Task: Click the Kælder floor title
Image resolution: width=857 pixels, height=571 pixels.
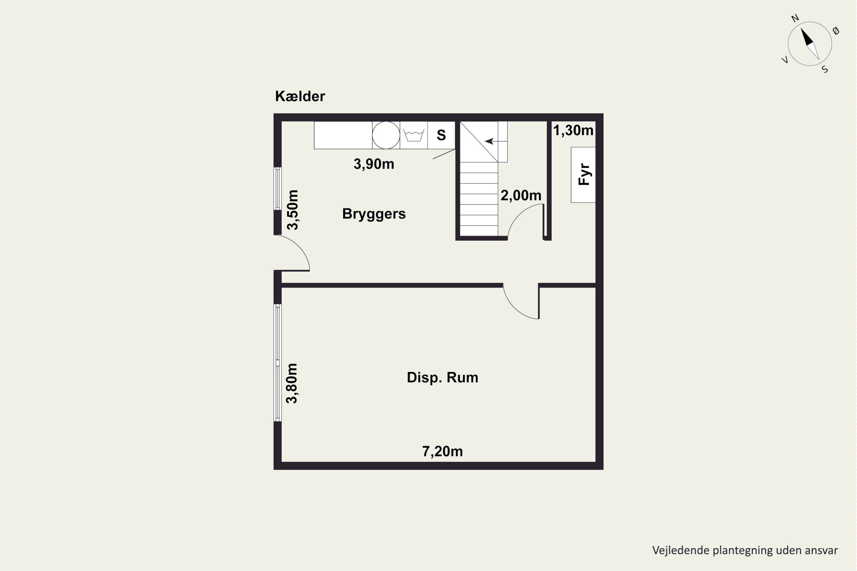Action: (300, 96)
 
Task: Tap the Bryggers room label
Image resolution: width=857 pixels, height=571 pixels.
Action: (374, 214)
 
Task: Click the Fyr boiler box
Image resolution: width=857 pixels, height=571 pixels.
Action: (583, 174)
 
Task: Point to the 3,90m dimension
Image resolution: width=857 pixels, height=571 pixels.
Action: (374, 164)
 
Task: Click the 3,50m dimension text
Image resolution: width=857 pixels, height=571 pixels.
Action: (293, 210)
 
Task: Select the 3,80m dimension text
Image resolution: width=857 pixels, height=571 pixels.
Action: (292, 383)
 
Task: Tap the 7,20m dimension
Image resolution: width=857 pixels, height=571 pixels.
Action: (442, 452)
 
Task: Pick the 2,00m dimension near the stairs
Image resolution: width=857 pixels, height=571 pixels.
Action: (521, 196)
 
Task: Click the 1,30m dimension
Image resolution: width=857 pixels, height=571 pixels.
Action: (573, 130)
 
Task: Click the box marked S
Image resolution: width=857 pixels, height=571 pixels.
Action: (441, 135)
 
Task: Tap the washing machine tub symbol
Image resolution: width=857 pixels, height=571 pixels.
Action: (414, 135)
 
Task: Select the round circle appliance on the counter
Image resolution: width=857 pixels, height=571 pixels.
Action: (386, 135)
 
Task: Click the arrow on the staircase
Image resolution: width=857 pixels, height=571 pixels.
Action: (496, 141)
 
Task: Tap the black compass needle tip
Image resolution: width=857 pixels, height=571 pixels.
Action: (801, 28)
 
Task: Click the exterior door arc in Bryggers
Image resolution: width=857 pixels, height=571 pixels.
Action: (299, 246)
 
